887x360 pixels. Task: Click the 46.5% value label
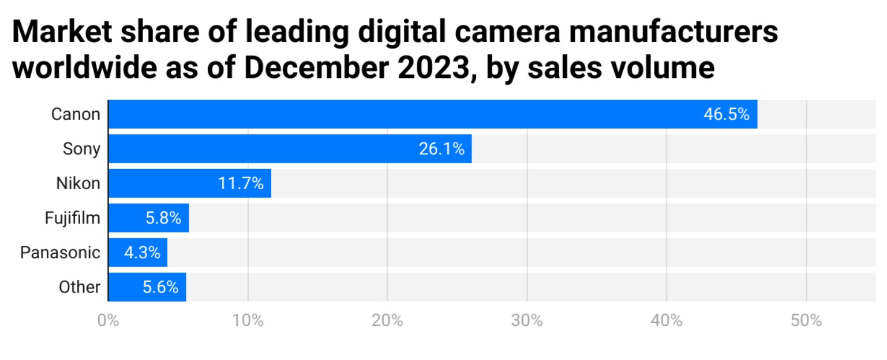[x=726, y=114]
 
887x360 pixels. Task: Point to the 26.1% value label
[x=441, y=149]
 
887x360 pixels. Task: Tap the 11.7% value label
[x=241, y=183]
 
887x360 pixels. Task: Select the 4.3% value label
[x=142, y=253]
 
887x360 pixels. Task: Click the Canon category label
[x=76, y=114]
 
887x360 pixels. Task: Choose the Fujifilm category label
[x=73, y=218]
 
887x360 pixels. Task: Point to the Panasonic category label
[x=60, y=253]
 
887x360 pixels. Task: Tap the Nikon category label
[x=78, y=183]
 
